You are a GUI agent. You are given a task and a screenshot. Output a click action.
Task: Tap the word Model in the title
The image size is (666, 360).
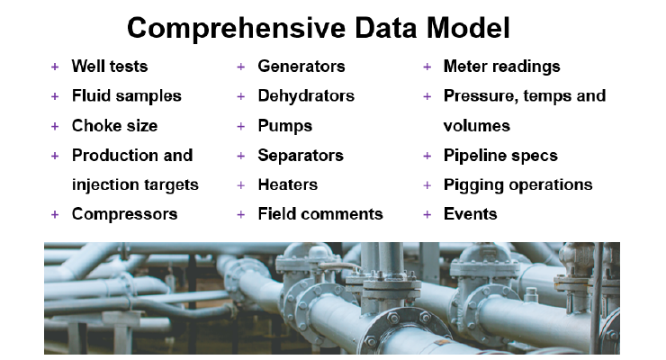pos(468,28)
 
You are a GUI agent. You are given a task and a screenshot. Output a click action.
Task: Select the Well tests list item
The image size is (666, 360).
pos(110,67)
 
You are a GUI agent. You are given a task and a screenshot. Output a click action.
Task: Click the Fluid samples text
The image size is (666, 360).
pos(127,96)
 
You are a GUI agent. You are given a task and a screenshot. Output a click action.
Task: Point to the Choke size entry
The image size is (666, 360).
pos(114,126)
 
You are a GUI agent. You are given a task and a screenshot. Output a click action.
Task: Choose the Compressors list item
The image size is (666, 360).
pos(124,214)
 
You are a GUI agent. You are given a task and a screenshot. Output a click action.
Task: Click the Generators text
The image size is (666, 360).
pos(301,67)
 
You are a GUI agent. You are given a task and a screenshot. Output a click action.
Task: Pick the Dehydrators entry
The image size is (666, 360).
pos(306,96)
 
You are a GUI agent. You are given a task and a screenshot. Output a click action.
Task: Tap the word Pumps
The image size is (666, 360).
pos(285,126)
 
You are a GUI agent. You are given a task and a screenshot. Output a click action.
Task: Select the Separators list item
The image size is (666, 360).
pos(301,156)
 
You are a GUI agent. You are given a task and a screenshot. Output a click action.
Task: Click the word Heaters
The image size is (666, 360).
pos(288,184)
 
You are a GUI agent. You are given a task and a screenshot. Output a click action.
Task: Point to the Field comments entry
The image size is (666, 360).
pos(320,214)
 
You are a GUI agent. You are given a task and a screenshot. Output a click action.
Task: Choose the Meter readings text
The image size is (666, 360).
pos(501,67)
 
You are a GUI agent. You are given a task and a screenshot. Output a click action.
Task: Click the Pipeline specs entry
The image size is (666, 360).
pos(500,156)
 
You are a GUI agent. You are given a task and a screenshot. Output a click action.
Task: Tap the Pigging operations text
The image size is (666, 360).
pos(517,185)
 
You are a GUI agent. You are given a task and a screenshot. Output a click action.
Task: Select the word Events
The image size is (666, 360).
pos(470,214)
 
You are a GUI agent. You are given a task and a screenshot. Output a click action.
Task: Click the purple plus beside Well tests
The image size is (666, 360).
pos(55,67)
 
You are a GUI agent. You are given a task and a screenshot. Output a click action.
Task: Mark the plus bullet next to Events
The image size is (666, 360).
pos(427,214)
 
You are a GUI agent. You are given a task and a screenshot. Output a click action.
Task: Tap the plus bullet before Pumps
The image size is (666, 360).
pos(241,126)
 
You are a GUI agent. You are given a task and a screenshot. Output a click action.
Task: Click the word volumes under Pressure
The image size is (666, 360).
pos(477,126)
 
